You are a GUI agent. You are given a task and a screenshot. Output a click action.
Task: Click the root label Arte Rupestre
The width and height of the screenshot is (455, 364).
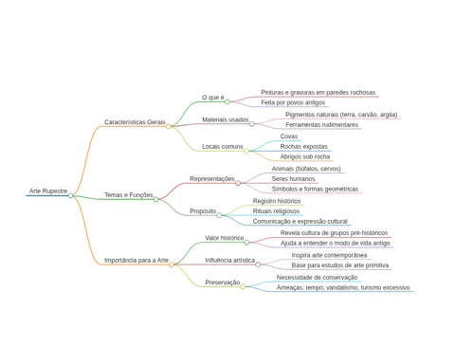tap(48, 191)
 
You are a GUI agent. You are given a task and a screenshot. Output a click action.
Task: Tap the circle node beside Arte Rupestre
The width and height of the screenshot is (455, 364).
tap(71, 195)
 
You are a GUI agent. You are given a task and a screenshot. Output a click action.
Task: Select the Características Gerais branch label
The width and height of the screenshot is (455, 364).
tap(135, 122)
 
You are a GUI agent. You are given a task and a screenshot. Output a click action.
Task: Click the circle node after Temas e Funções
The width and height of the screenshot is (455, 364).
tap(156, 199)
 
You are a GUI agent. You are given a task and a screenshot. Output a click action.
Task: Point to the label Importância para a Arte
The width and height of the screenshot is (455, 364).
tap(136, 261)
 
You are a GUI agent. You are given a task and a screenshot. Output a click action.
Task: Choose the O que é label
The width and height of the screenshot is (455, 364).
tap(213, 98)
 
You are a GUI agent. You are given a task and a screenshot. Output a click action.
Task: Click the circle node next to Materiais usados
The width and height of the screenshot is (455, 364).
tap(252, 124)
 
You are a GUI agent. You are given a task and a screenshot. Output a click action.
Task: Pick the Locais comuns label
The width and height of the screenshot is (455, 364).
tap(223, 147)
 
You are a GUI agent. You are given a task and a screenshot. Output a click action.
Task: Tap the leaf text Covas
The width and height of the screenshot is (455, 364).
tap(289, 136)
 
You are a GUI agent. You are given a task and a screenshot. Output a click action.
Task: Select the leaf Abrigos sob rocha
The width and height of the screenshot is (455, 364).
tap(305, 156)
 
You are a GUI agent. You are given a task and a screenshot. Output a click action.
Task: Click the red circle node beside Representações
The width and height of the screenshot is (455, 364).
tap(238, 183)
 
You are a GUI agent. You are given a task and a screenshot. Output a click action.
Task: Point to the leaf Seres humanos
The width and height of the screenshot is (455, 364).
tap(293, 179)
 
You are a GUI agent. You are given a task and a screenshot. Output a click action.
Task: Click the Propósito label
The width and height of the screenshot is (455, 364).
tap(203, 211)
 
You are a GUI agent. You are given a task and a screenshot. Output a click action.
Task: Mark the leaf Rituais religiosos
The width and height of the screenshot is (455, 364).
tap(276, 211)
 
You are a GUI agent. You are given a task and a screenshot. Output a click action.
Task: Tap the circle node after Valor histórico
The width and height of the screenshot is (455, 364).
tap(246, 243)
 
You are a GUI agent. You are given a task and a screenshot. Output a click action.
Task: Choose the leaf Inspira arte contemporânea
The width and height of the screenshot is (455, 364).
tap(329, 255)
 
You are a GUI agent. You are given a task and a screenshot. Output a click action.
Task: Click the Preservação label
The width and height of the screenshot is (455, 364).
tap(223, 282)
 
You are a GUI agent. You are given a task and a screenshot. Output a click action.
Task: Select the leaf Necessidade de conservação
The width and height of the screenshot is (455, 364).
tap(317, 278)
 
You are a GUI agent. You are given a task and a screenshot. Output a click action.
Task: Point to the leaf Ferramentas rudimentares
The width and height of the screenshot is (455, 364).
tap(321, 125)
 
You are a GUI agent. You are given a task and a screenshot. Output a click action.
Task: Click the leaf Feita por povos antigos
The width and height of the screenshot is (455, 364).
tap(293, 102)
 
